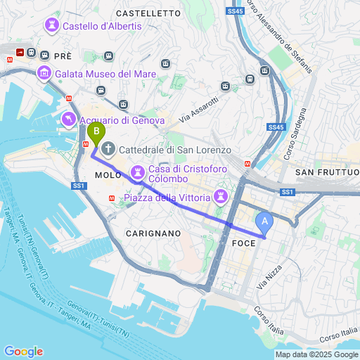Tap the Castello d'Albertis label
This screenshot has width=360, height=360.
pos(101,27)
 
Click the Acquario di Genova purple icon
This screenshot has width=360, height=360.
pos(69,120)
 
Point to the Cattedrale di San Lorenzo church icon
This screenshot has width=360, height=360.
pos(109,149)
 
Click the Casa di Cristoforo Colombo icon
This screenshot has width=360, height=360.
pos(138,172)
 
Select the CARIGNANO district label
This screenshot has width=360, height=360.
pos(153,232)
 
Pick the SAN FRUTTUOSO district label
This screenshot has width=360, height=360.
pos(328,172)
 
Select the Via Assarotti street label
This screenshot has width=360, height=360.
pos(199,110)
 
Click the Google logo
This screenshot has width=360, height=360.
pos(23,352)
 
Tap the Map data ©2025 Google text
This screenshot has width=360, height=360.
pos(316,354)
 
